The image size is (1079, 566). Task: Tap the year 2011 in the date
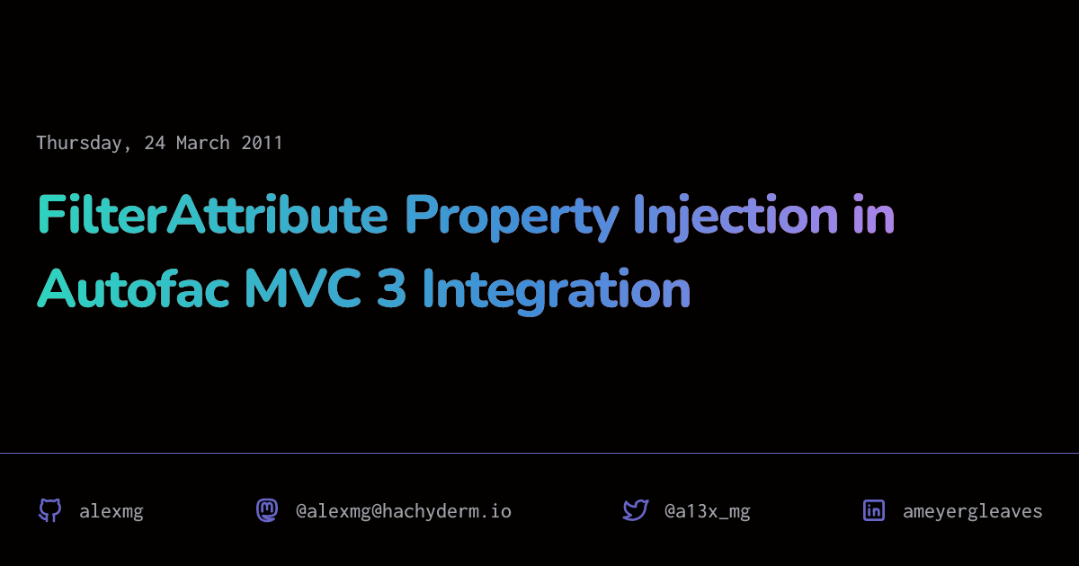(262, 143)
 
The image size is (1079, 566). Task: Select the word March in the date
(203, 143)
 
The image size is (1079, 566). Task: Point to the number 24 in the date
(155, 143)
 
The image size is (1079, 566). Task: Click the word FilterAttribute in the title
(212, 215)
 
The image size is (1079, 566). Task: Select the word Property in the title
(512, 217)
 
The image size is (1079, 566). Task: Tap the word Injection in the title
(736, 217)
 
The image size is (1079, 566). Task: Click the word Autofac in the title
(133, 287)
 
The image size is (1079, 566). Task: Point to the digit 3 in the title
(391, 287)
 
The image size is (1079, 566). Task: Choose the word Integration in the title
(557, 291)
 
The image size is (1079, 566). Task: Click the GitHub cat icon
(50, 510)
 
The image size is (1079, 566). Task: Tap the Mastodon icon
(267, 510)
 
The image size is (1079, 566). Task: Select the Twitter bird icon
(636, 510)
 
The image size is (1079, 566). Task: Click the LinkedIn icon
(874, 510)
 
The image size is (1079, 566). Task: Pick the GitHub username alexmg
(111, 511)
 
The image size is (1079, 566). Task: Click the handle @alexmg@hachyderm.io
(404, 511)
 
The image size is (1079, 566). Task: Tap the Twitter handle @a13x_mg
(707, 511)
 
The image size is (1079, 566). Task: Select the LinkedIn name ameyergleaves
(973, 511)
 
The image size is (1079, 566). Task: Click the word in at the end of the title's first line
(874, 215)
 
